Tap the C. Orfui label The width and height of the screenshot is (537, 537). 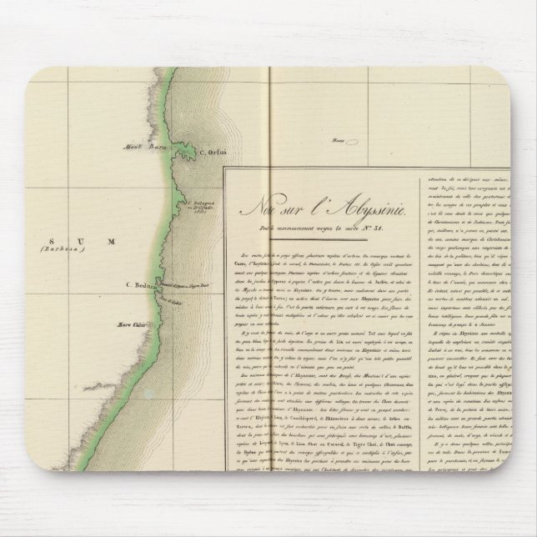pos(213,151)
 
